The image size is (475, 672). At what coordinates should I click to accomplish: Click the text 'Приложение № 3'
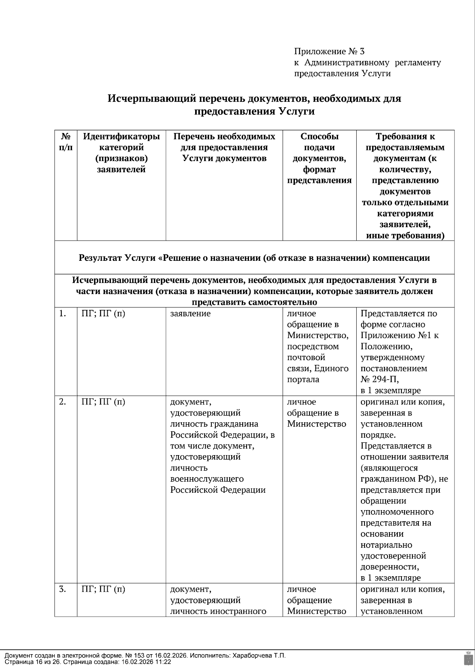[x=329, y=51]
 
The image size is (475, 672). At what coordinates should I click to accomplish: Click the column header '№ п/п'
[x=66, y=142]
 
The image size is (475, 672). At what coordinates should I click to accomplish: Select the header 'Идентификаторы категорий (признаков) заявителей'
[x=121, y=153]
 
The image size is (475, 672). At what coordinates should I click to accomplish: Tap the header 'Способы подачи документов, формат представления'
[x=319, y=158]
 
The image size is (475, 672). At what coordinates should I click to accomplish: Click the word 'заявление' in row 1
[x=190, y=314]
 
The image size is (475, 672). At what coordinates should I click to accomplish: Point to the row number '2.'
[x=63, y=402]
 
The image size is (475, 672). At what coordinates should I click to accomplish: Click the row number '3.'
[x=63, y=589]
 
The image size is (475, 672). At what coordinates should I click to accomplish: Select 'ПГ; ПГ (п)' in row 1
[x=103, y=314]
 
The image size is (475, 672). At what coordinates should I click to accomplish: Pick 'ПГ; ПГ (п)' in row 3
[x=103, y=589]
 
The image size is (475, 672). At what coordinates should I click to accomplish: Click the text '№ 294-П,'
[x=380, y=380]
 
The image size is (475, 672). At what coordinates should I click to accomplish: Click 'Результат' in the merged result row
[x=100, y=258]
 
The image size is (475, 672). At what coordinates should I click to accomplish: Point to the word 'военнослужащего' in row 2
[x=207, y=479]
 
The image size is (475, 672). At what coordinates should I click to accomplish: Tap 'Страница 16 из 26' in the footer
[x=32, y=662]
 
